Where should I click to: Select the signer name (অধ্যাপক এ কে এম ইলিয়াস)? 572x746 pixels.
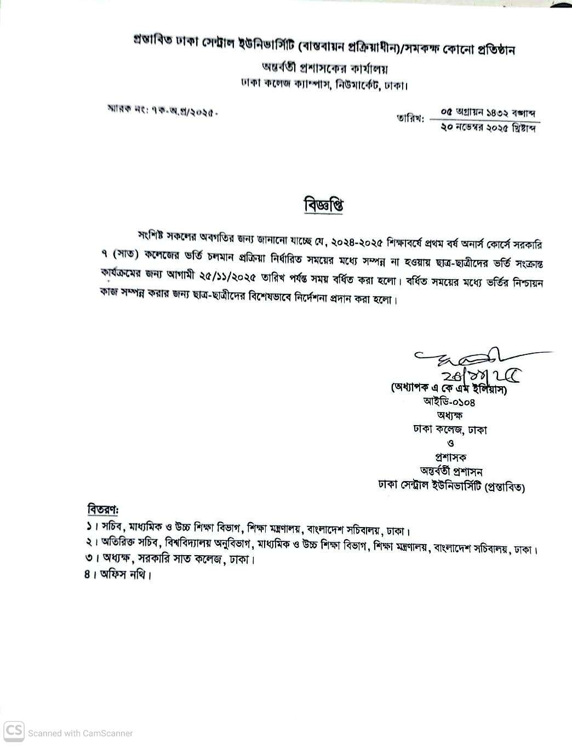(448, 388)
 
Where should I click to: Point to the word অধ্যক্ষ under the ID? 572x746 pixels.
(449, 415)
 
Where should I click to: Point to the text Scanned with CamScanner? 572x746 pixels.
(81, 733)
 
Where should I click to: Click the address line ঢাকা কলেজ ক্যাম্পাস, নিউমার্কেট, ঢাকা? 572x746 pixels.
(324, 86)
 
